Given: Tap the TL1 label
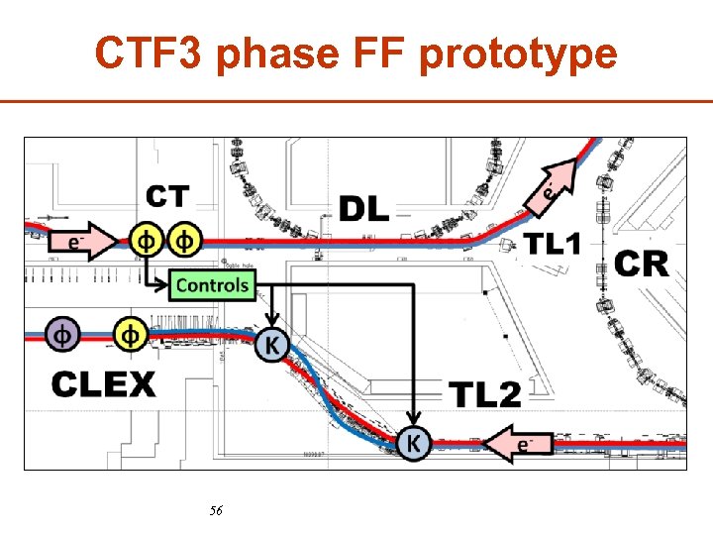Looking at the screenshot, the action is click(x=552, y=243).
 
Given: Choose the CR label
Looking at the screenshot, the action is click(x=642, y=264).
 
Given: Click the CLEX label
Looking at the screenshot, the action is click(x=104, y=383).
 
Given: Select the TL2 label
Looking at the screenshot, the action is click(x=485, y=394).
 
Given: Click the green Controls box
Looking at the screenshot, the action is click(x=212, y=285).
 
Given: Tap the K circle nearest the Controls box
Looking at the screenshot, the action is click(x=272, y=345).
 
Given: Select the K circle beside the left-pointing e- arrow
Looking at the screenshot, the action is click(x=415, y=443).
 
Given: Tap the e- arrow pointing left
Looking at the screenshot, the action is click(x=519, y=443).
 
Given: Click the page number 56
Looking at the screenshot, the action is click(x=217, y=511).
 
